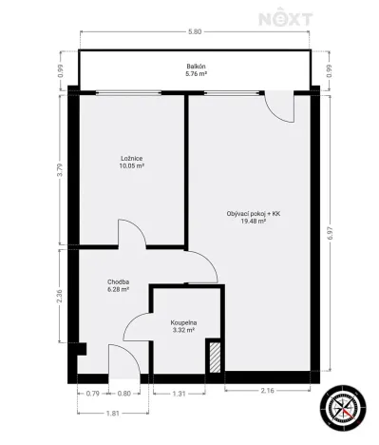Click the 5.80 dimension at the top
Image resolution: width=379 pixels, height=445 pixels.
[195, 32]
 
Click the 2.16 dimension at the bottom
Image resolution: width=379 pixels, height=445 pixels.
[267, 393]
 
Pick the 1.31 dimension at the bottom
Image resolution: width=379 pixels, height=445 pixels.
[178, 393]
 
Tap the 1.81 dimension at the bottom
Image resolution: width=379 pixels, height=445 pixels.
[112, 413]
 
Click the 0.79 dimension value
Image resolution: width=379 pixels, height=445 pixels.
[92, 393]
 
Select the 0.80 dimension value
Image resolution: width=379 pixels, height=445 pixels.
[124, 393]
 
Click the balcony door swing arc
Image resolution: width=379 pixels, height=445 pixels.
[278, 108]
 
